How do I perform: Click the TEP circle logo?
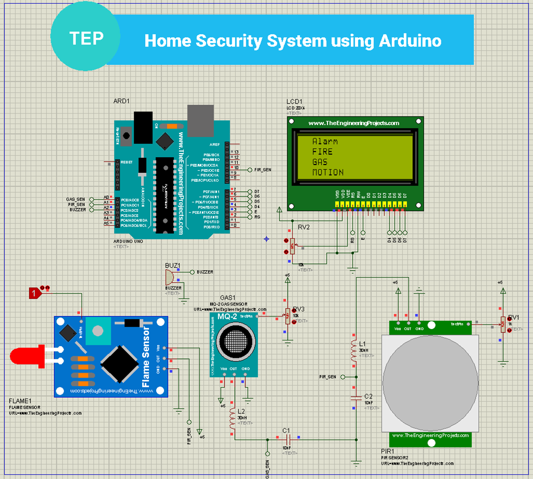point(85,39)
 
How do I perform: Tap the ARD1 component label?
point(121,100)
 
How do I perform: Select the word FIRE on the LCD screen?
point(322,152)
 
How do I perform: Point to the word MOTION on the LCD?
point(328,172)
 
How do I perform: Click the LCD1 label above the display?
point(294,102)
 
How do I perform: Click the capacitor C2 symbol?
point(356,397)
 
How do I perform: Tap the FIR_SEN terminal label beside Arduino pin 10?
point(262,170)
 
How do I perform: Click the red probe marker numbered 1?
point(34,293)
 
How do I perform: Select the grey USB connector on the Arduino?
point(200,118)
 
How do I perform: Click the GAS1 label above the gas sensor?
point(228,297)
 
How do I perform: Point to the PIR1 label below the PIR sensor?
point(387,451)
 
